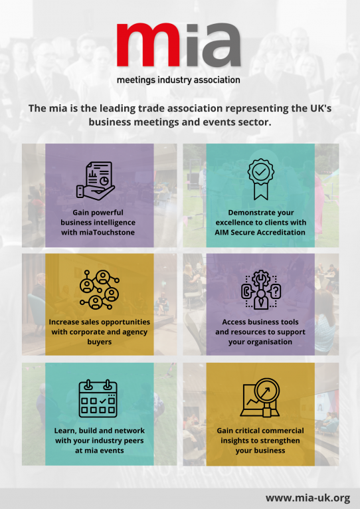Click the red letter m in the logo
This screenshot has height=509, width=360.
(148, 45)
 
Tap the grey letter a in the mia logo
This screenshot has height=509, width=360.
(222, 45)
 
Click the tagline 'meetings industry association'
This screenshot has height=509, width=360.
(179, 80)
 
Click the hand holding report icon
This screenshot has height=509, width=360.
(96, 180)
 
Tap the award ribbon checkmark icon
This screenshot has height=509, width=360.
(260, 179)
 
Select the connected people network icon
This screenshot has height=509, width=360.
(100, 289)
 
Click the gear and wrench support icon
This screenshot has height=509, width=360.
(260, 290)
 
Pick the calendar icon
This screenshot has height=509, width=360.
(98, 399)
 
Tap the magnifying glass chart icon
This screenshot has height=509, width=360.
(260, 397)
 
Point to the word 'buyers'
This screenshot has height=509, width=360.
(100, 342)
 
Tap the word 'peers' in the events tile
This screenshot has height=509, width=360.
(134, 441)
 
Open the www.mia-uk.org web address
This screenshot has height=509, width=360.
(308, 498)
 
